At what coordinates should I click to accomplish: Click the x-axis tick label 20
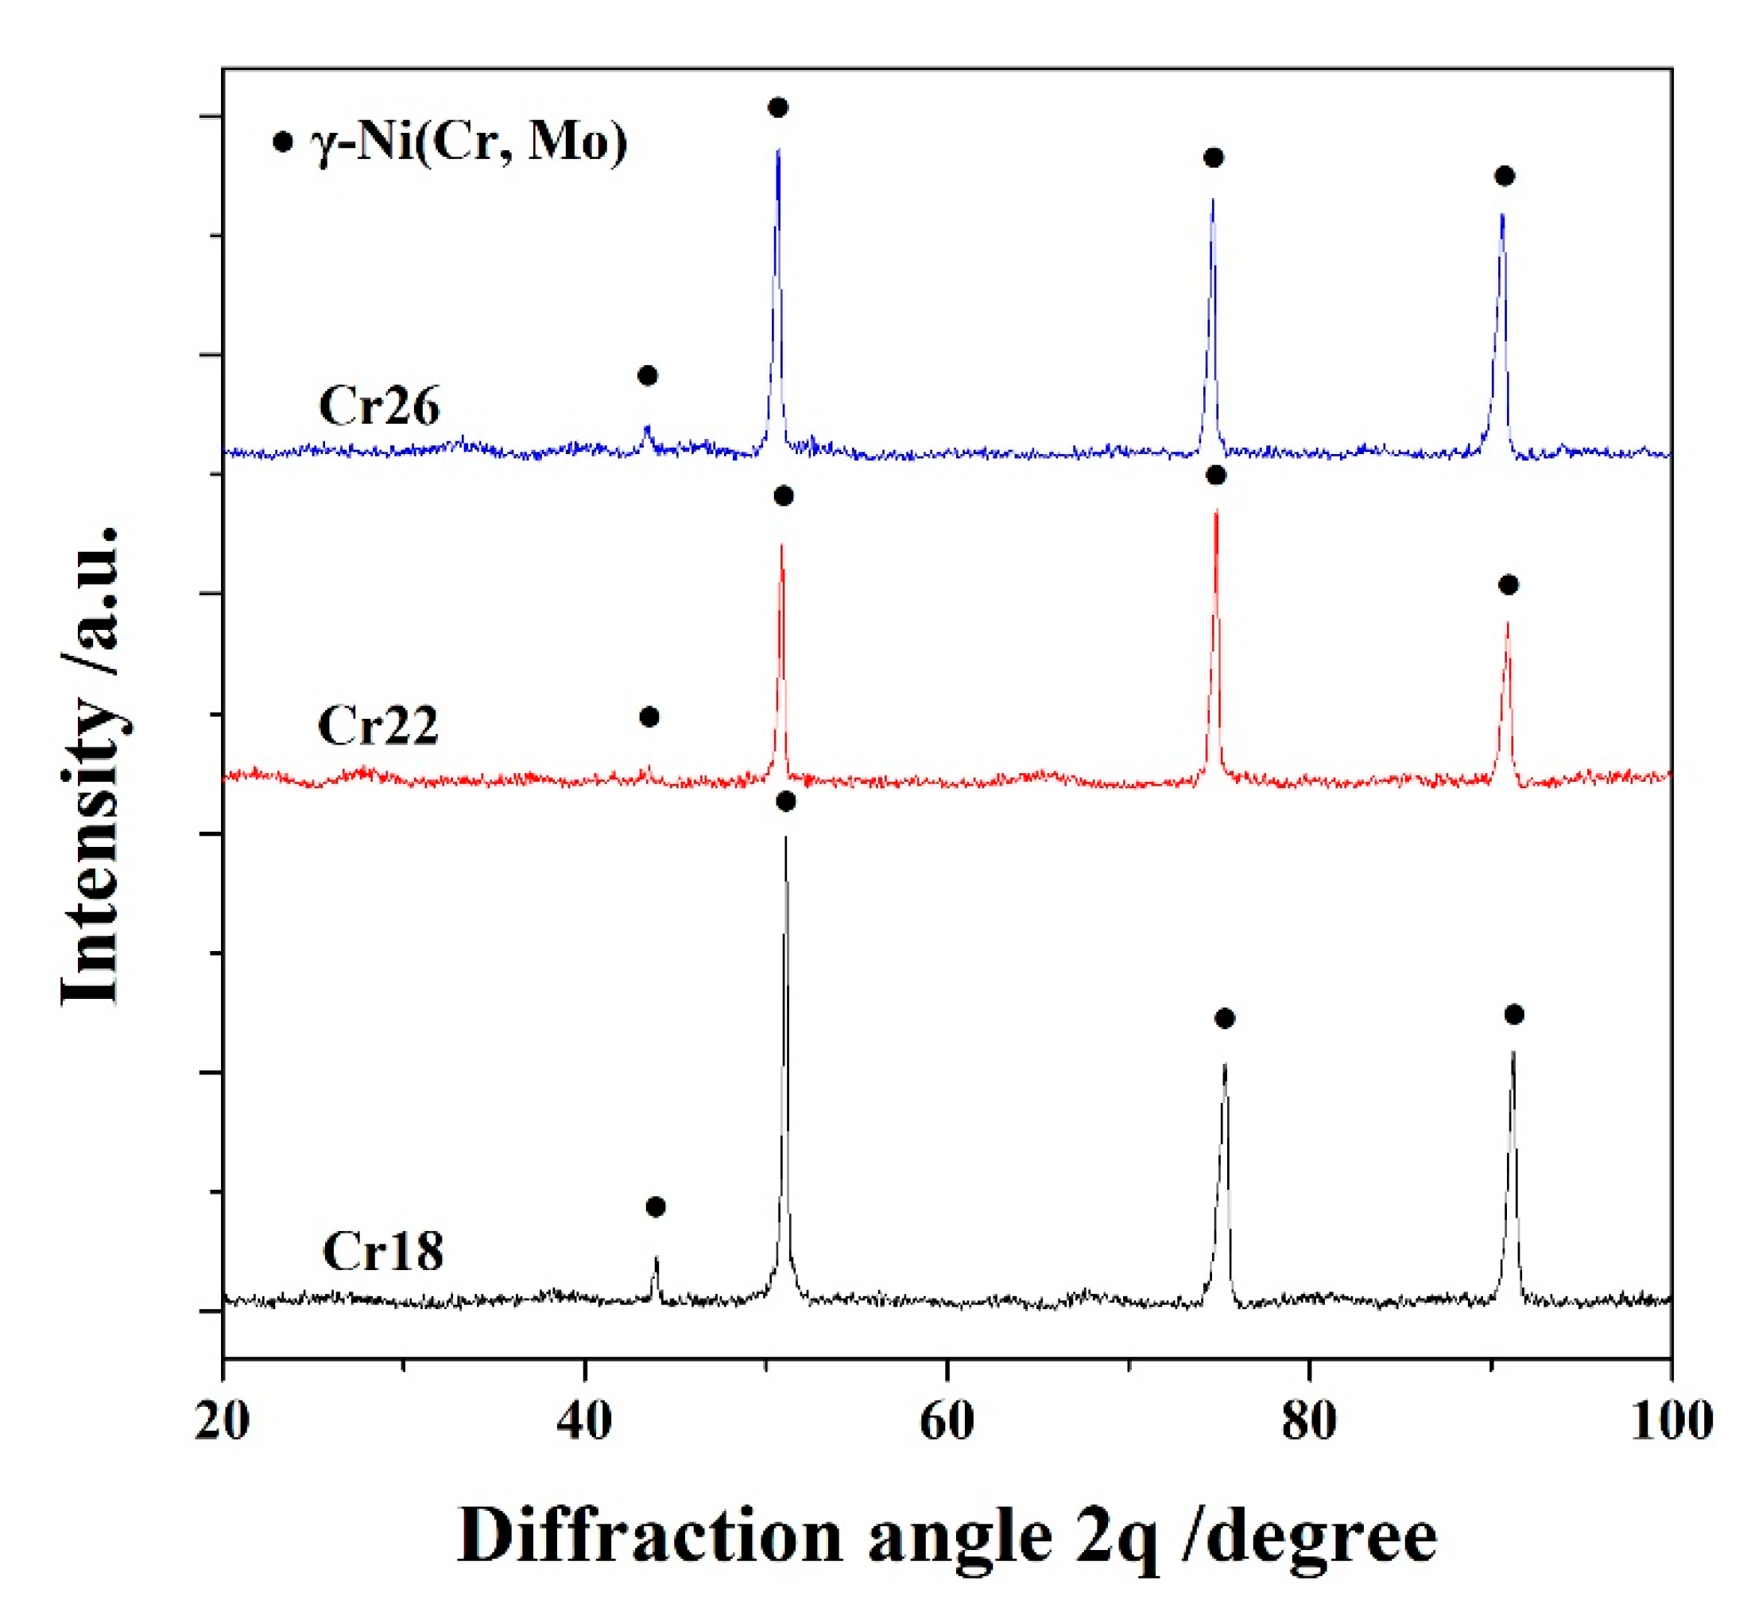click(x=222, y=1421)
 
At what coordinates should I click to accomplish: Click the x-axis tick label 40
click(x=583, y=1421)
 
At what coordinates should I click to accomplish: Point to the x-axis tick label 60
click(x=946, y=1421)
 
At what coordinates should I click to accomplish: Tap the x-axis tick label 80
click(x=1308, y=1421)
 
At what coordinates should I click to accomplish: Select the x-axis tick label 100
click(x=1671, y=1421)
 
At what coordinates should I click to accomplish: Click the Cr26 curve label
click(x=378, y=406)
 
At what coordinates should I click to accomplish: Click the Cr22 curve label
click(x=377, y=724)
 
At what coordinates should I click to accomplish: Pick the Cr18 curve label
click(x=382, y=1251)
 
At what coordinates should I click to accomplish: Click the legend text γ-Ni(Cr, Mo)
click(x=468, y=142)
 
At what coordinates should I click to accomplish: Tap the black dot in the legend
click(x=281, y=142)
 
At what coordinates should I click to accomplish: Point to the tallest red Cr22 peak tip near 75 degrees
click(x=1215, y=512)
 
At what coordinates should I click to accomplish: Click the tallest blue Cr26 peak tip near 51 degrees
click(x=778, y=150)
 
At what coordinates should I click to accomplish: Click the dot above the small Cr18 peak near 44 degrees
click(x=656, y=1207)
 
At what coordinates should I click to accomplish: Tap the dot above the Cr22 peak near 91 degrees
click(x=1509, y=585)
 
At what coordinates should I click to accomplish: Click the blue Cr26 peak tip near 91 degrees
click(x=1501, y=214)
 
